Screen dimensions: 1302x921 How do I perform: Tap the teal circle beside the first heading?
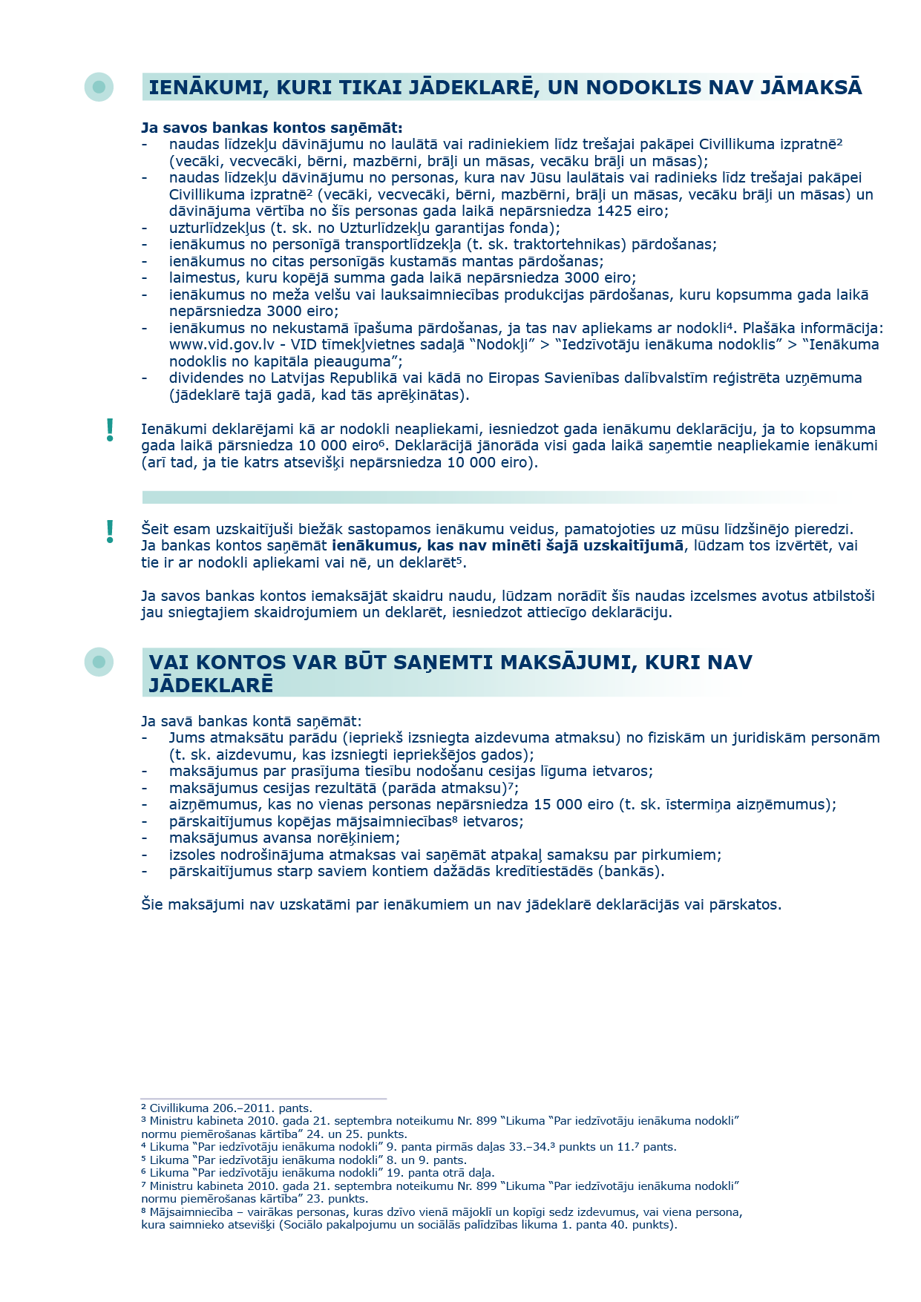(99, 87)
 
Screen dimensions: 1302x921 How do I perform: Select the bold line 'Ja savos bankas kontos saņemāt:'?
(272, 128)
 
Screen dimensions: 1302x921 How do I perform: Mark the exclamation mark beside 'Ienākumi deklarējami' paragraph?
(111, 430)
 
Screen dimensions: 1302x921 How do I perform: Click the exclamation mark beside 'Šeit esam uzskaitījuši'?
(111, 531)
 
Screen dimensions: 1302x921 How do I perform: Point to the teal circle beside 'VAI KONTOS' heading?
(99, 661)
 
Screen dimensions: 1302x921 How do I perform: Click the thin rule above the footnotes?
(263, 1098)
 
